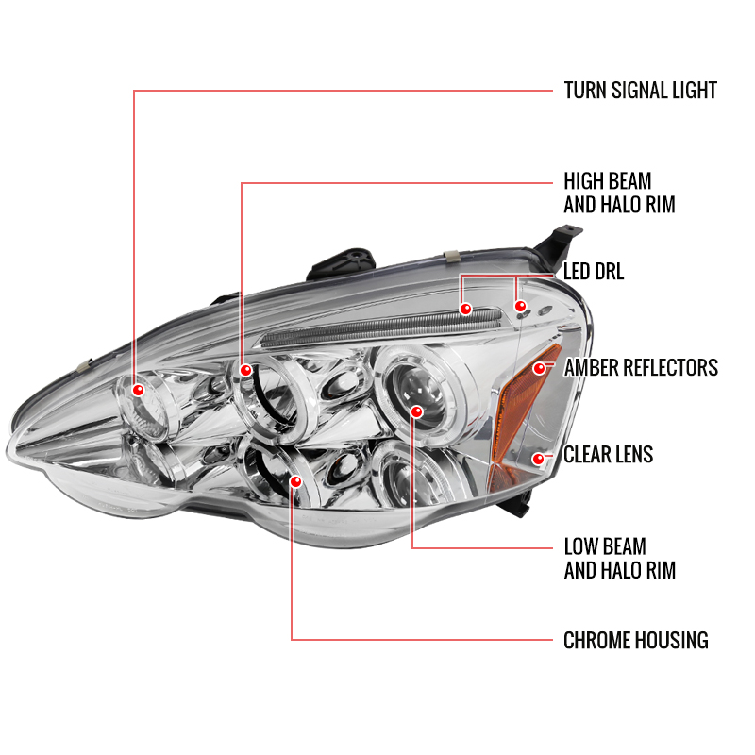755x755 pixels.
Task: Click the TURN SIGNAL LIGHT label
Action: [x=641, y=91]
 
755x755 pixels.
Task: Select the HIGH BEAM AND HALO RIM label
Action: [x=619, y=193]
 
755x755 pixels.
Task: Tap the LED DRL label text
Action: [x=594, y=272]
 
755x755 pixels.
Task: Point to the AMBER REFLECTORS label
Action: [x=641, y=368]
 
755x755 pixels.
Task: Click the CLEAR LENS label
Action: [x=608, y=455]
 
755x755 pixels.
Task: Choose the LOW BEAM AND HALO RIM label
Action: [x=620, y=559]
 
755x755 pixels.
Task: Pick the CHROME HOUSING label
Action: [x=635, y=641]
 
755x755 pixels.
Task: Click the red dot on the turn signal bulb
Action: [x=138, y=390]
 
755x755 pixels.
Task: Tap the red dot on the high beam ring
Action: [x=245, y=370]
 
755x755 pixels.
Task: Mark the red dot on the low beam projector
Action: [x=416, y=411]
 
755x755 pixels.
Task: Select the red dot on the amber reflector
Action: [x=539, y=369]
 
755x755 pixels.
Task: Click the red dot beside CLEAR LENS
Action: [x=538, y=459]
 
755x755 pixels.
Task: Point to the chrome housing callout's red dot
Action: [x=295, y=481]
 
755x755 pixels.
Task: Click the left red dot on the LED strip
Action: [x=465, y=309]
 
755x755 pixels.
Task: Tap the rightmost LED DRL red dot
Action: [x=520, y=306]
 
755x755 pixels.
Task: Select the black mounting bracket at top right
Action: [x=559, y=245]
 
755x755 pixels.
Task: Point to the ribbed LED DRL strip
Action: [x=380, y=327]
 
